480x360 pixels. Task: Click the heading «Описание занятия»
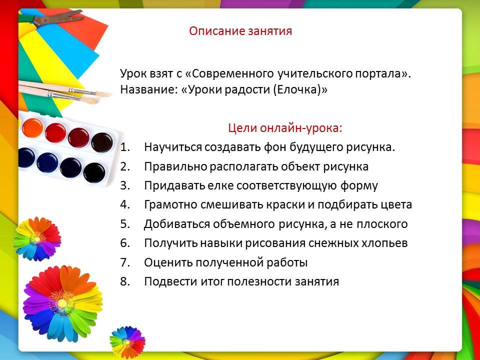tap(240, 31)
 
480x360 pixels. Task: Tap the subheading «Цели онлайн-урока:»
tap(285, 128)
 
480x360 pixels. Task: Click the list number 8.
tap(125, 281)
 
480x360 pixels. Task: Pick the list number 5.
tap(125, 224)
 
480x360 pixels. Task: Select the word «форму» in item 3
tap(359, 186)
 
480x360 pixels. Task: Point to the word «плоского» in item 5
tap(382, 224)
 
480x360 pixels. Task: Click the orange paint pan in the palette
tap(32, 128)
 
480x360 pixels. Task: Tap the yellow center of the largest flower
tap(62, 303)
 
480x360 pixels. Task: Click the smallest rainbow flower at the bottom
tap(127, 342)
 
